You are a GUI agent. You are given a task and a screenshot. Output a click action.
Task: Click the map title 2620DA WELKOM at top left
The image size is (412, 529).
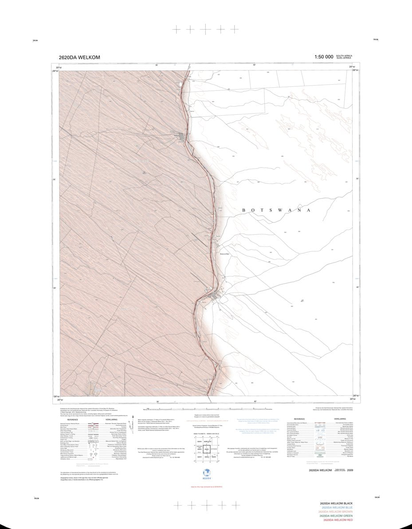79,57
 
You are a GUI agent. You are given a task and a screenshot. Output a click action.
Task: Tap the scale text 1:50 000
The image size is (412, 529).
323,57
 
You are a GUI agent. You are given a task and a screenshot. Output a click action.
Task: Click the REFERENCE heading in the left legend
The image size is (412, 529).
73,419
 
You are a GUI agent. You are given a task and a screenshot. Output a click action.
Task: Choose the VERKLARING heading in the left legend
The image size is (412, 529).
111,419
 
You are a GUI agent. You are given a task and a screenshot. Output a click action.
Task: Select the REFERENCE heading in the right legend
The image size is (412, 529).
299,419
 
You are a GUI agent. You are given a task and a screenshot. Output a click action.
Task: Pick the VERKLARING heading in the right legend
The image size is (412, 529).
339,419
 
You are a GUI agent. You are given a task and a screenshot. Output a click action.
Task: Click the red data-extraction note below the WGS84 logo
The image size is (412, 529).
205,486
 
